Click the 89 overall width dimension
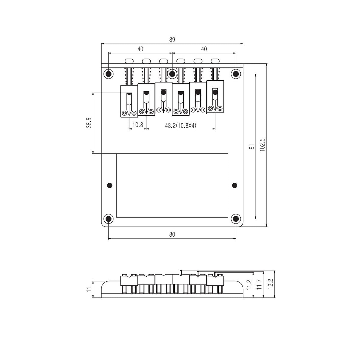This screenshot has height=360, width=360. (172, 40)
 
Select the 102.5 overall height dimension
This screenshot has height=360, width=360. (262, 145)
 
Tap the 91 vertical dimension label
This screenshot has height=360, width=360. (252, 147)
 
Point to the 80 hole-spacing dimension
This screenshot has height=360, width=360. (172, 235)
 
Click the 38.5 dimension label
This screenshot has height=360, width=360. (89, 123)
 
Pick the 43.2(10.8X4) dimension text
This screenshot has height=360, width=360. (181, 126)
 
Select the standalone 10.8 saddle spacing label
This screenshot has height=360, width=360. (138, 125)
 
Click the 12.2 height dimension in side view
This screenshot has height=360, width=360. (271, 284)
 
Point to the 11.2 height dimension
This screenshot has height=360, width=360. (249, 285)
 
